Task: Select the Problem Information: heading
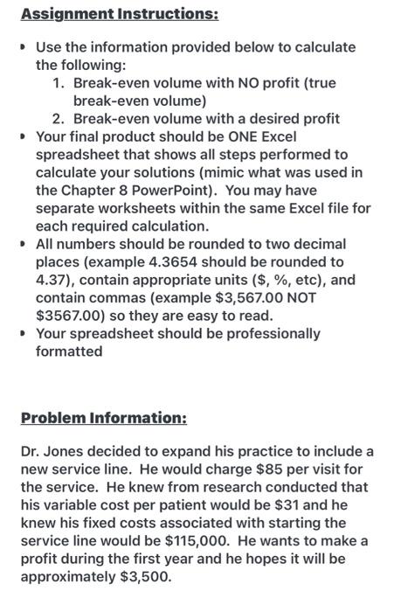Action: point(103,417)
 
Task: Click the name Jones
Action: point(66,452)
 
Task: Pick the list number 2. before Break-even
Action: point(59,119)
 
